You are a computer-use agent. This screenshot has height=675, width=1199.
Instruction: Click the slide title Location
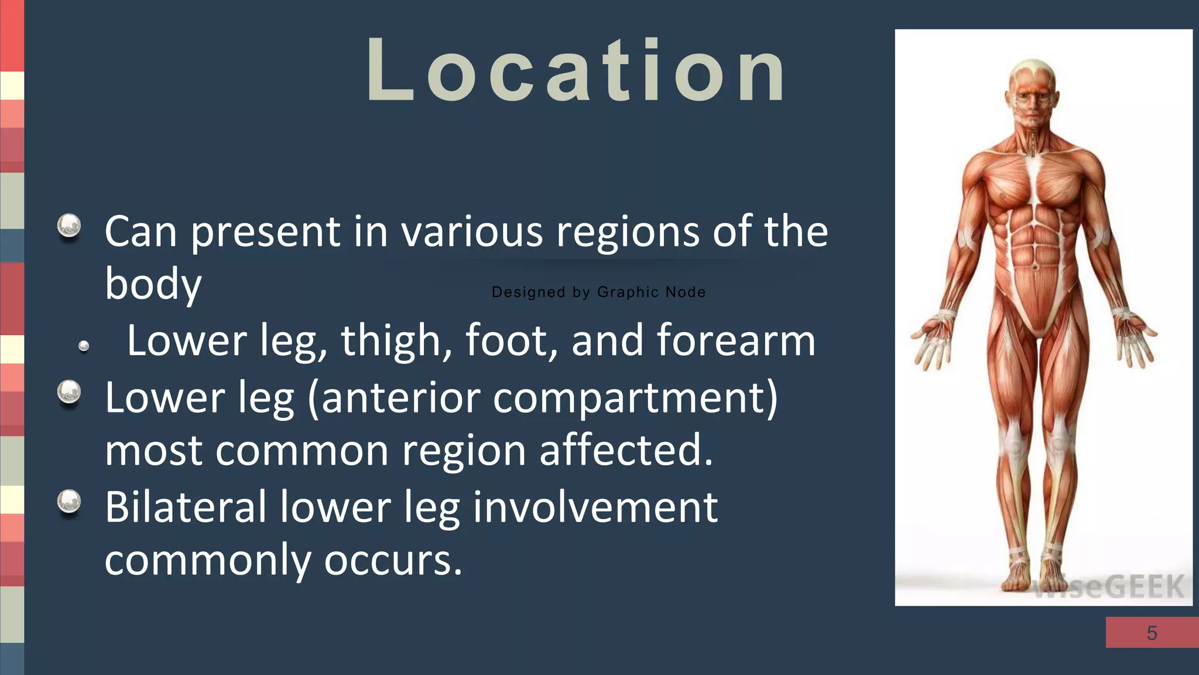[575, 70]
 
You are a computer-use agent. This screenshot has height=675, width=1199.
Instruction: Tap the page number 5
[1152, 633]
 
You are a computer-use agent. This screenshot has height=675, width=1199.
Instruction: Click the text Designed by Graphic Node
[598, 292]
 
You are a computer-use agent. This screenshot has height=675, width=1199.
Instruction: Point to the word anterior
[400, 398]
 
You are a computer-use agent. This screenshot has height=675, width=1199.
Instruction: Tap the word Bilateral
[186, 507]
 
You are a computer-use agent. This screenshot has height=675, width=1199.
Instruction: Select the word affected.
[626, 450]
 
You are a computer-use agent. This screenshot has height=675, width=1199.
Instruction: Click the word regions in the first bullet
[628, 232]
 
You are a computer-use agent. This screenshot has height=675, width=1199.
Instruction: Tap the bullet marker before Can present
[69, 226]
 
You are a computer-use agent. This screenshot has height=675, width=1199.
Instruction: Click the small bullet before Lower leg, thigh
[84, 346]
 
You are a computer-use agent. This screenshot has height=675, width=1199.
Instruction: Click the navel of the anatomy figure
[1035, 268]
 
